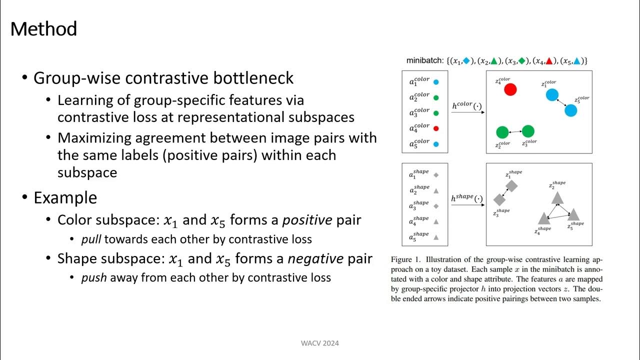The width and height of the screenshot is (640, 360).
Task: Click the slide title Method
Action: click(43, 29)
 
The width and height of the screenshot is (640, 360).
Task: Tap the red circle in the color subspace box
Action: click(510, 89)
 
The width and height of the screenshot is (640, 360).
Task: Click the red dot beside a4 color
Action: click(436, 128)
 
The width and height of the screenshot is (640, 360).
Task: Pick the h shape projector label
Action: click(467, 198)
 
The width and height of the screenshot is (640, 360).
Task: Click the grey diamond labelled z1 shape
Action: click(511, 186)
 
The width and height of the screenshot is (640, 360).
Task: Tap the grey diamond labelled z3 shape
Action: click(499, 199)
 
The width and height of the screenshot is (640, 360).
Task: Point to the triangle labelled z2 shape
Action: click(557, 198)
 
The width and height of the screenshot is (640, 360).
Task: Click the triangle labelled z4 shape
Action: click(544, 218)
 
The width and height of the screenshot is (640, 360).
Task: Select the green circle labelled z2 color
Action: click(502, 132)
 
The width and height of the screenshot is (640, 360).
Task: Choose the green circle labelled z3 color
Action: click(528, 131)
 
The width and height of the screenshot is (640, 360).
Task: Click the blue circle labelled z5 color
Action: click(570, 110)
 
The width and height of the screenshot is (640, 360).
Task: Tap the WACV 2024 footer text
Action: click(320, 343)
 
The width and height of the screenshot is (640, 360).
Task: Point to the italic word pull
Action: click(91, 239)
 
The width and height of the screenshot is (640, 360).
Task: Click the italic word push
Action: click(94, 277)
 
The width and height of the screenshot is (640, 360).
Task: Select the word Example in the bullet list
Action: click(65, 197)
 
